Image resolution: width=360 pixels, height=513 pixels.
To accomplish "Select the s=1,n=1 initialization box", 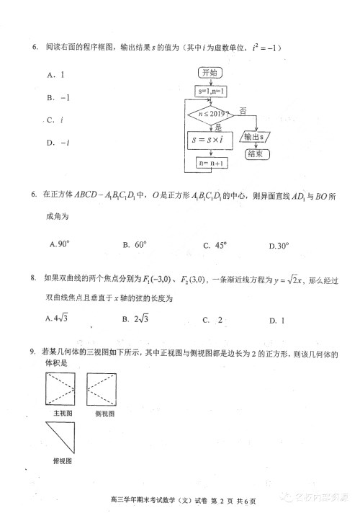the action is point(211,92).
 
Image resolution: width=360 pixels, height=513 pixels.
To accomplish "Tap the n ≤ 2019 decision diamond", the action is point(211,114).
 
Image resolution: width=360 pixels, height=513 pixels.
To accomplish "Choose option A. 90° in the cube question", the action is point(60,245).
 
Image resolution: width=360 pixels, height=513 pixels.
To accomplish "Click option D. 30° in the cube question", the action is point(279,246).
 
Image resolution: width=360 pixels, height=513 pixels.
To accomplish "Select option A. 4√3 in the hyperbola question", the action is point(61,318).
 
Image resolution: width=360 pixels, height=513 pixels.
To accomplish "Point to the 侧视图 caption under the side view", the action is point(104,414).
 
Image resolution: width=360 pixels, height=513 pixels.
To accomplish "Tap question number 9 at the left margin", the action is point(33,352).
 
